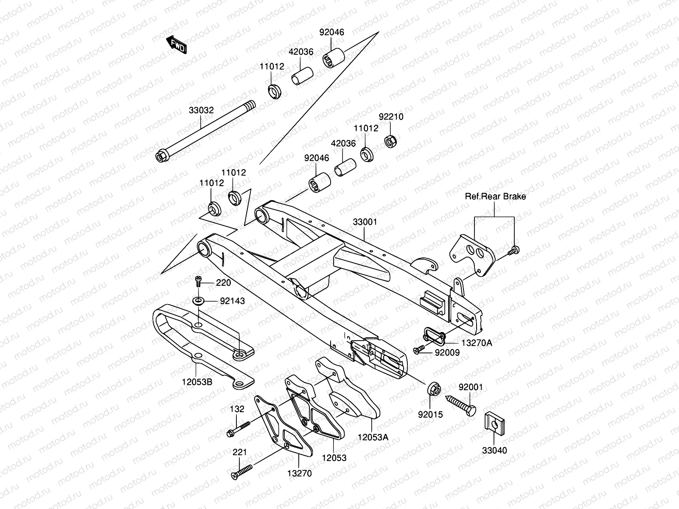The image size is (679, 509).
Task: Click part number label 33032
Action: click(201, 110)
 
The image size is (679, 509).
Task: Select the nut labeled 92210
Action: click(390, 140)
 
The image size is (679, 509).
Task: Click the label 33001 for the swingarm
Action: click(365, 222)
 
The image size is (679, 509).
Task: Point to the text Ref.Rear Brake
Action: click(495, 196)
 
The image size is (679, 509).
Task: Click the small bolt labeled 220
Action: click(198, 280)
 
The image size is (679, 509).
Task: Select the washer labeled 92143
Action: click(198, 301)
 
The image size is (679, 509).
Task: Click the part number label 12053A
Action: click(373, 437)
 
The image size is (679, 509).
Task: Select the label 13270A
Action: click(477, 343)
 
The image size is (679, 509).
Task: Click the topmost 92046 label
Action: click(331, 32)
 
